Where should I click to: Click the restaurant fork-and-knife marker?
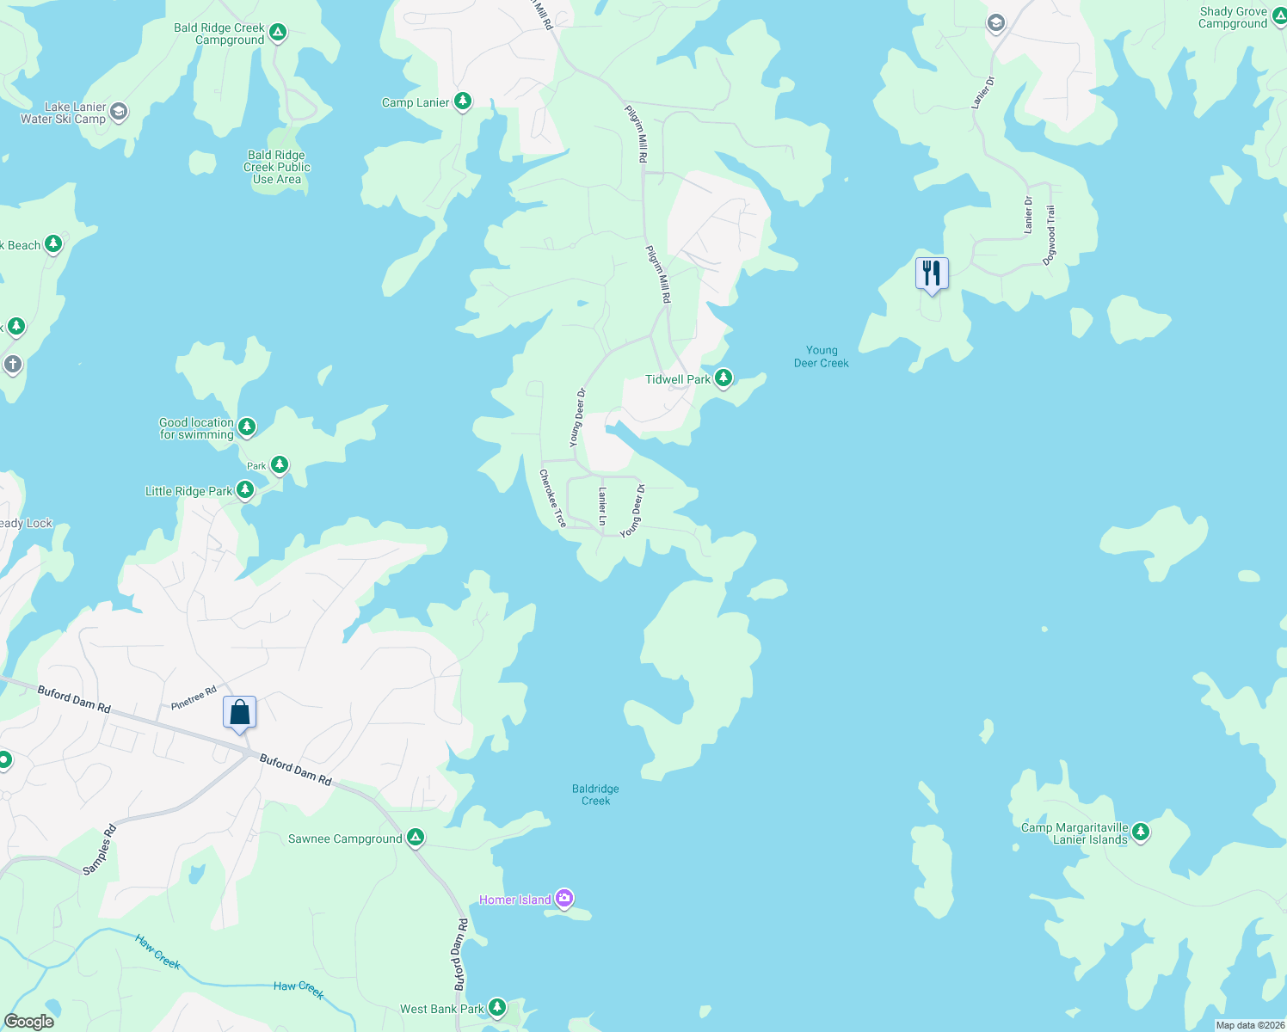tap(931, 274)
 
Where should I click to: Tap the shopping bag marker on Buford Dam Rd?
tap(239, 713)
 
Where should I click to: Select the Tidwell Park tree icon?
tap(724, 378)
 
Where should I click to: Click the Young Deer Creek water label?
tap(821, 357)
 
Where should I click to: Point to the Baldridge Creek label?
tap(595, 795)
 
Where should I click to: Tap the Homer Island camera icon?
tap(564, 899)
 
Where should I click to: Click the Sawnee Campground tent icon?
tap(416, 837)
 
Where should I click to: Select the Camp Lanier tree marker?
tap(463, 101)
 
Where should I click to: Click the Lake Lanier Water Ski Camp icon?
tap(119, 112)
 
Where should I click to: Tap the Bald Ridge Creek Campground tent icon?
tap(277, 33)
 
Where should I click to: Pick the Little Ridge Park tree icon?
tap(245, 490)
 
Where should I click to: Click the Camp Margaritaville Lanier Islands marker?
tap(1141, 832)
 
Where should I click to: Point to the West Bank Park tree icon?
tap(497, 1007)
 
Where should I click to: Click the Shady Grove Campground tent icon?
tap(1279, 16)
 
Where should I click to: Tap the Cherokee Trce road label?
tap(553, 498)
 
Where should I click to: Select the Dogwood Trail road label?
tap(1050, 236)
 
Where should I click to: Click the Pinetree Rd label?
tap(194, 698)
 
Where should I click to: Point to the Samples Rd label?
tap(100, 850)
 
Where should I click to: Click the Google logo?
tap(29, 1021)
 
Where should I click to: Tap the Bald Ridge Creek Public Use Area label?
tap(276, 168)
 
